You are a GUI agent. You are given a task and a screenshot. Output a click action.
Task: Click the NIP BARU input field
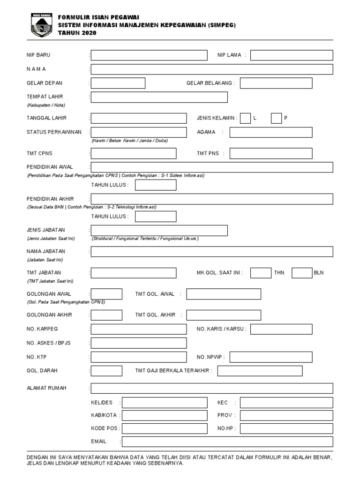coord(149,55)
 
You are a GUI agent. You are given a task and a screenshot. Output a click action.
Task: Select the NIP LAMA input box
coord(292,55)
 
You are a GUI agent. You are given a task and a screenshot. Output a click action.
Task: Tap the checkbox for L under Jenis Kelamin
coord(245,118)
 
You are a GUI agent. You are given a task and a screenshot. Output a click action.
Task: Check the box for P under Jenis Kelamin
coord(276,118)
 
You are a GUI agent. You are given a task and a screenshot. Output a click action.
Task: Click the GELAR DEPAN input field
coord(118,83)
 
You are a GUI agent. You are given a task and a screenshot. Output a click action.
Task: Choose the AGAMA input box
coord(270,132)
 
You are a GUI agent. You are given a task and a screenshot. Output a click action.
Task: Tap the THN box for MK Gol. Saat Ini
coord(261,273)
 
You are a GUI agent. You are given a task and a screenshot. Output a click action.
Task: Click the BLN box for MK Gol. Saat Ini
coord(302,273)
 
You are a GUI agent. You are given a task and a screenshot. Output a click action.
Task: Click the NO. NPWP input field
coord(270,357)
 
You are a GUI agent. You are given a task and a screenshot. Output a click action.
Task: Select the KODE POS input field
coord(165,428)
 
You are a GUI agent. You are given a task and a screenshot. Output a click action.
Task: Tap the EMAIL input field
coord(227,442)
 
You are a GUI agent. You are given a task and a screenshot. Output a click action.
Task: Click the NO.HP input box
coord(286,428)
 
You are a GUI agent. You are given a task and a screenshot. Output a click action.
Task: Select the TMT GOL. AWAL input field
coord(224,294)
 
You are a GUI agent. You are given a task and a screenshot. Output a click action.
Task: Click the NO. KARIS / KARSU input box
coord(281,329)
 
